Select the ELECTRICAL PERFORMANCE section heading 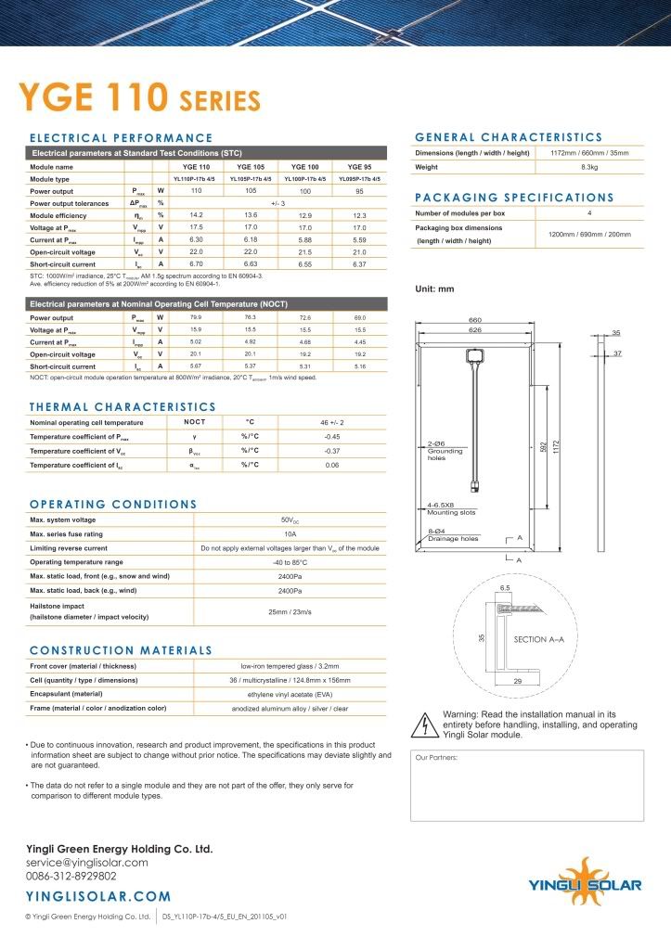121,138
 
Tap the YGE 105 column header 250,166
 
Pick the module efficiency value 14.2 196,215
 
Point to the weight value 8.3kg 588,168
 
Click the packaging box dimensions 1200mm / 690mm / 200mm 588,234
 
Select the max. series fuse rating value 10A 290,535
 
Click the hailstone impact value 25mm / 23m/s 290,611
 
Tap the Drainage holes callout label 453,539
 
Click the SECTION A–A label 545,640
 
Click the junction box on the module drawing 475,357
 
